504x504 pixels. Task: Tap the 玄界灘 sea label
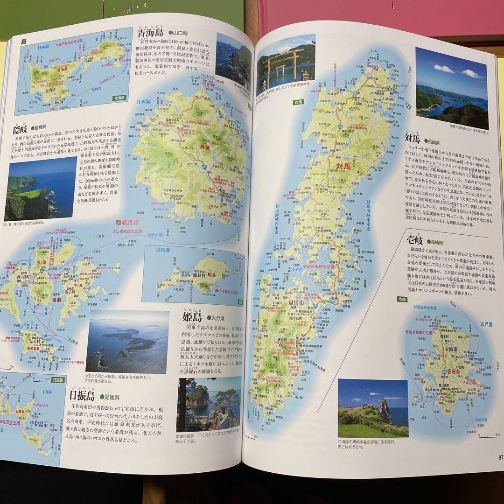pyautogui.click(x=476, y=324)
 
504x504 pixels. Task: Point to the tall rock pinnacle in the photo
pyautogui.click(x=385, y=411)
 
